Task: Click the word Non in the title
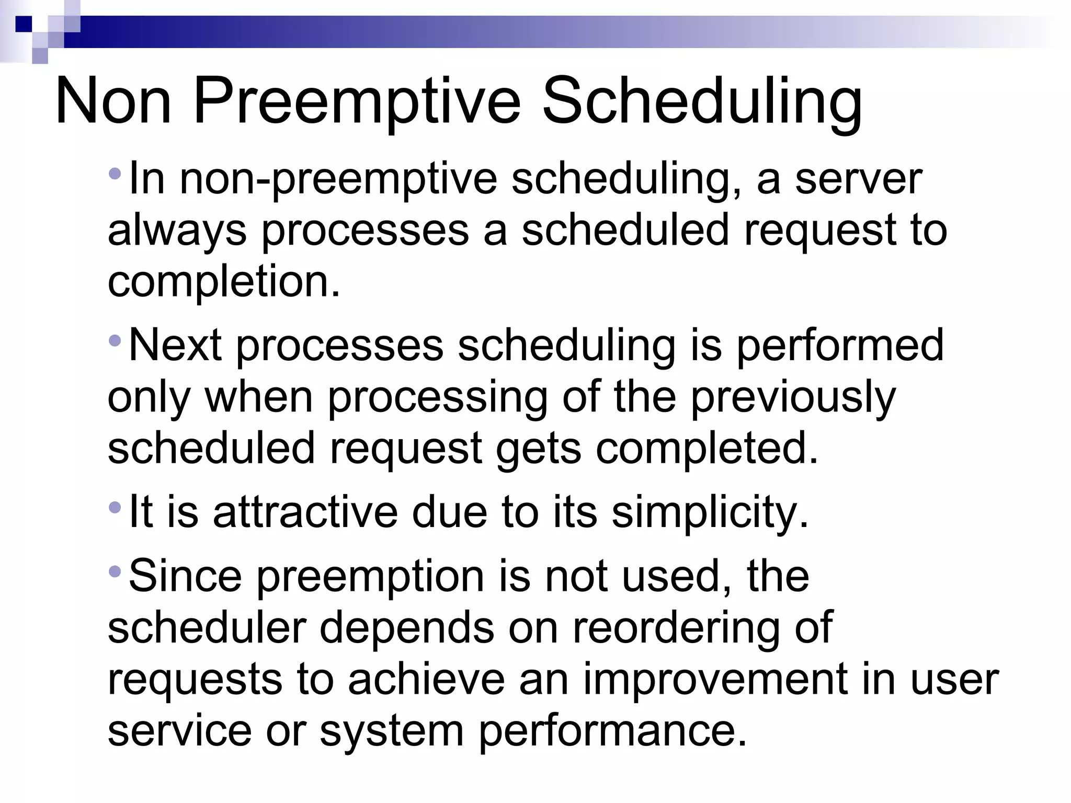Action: (113, 100)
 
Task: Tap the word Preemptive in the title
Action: (357, 100)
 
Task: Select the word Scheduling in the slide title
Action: (702, 100)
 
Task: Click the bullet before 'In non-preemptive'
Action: (115, 173)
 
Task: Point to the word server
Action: (858, 179)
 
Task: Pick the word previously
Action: (793, 397)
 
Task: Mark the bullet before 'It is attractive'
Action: (115, 507)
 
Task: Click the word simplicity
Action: (710, 512)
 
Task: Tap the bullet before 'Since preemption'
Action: (115, 570)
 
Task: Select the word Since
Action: (185, 575)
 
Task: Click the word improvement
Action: (715, 679)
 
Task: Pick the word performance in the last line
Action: (612, 731)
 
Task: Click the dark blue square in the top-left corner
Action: (24, 24)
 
